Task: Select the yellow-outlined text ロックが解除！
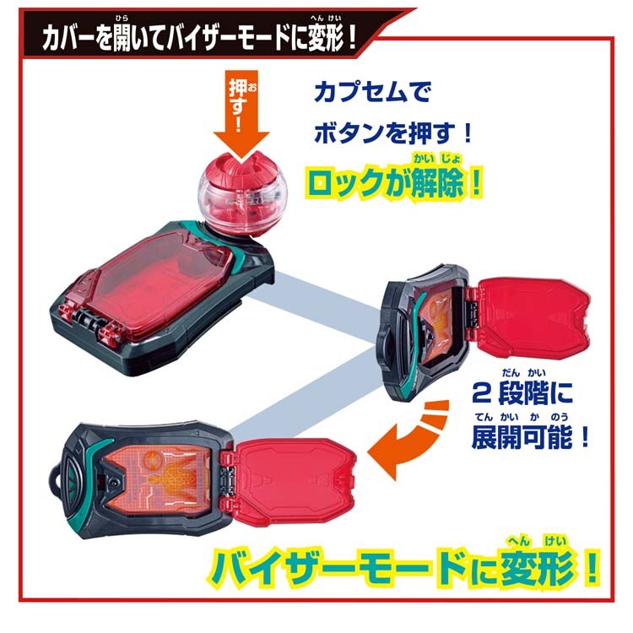pos(393,184)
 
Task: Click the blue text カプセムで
pos(372,92)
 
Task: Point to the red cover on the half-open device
pos(530,311)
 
